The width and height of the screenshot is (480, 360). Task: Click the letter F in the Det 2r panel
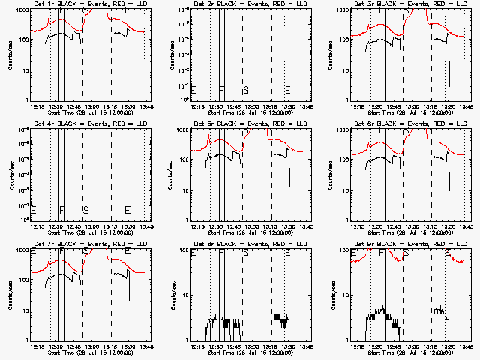221,90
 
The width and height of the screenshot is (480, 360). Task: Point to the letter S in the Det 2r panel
245,90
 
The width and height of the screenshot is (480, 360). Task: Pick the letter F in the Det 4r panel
61,210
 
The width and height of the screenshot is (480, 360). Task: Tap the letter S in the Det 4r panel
85,210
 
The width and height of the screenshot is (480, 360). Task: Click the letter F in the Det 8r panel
221,253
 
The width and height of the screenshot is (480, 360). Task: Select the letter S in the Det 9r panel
406,253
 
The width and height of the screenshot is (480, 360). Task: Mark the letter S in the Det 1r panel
85,12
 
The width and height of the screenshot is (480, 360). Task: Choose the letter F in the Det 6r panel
382,132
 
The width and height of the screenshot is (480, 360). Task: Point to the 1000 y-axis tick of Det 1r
22,11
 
